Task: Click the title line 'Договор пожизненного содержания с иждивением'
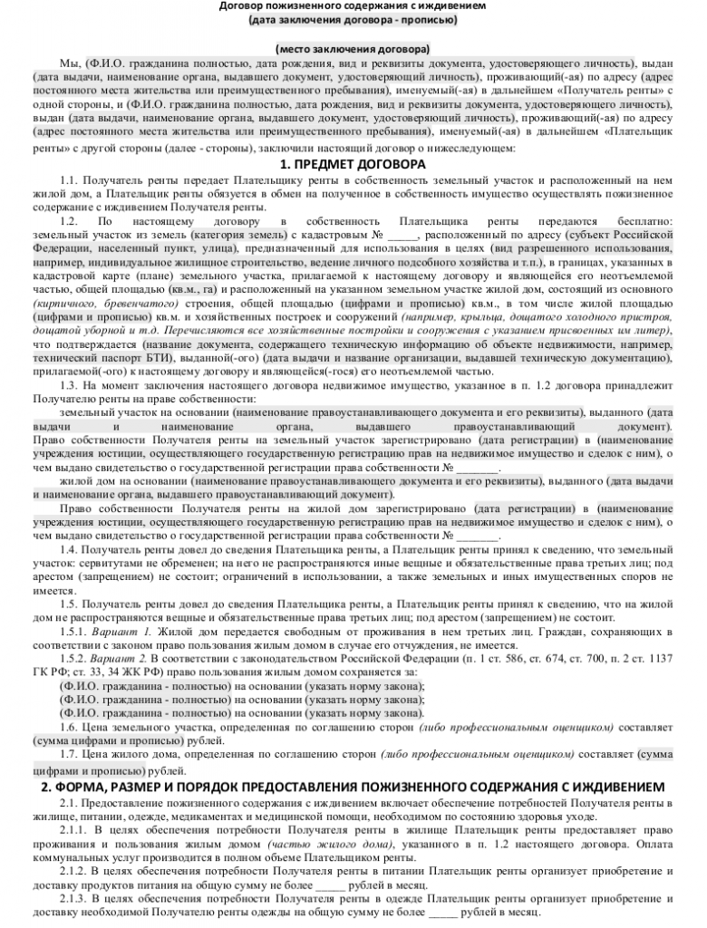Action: click(353, 6)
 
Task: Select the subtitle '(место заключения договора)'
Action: click(353, 48)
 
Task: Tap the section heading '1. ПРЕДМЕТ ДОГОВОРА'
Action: click(353, 165)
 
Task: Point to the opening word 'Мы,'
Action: click(69, 65)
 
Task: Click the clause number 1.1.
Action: click(69, 181)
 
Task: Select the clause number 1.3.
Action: click(69, 386)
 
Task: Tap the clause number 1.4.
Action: click(69, 549)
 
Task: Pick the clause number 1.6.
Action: click(69, 728)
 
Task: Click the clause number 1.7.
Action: click(69, 753)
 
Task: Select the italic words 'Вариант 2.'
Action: click(120, 657)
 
